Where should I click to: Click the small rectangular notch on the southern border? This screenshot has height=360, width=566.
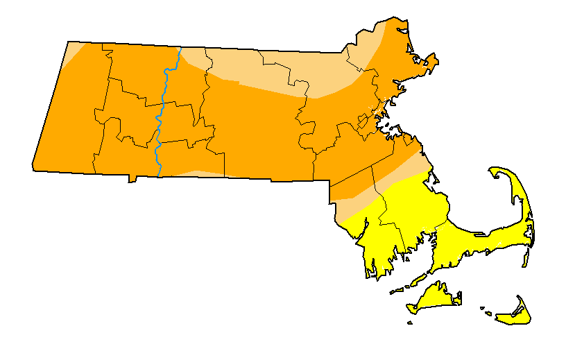pos(132,179)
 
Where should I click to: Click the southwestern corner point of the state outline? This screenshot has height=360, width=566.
pos(33,166)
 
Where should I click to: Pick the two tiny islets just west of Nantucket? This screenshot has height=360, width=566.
pos(486,311)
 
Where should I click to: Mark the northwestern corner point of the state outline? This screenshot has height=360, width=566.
pos(69,42)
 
